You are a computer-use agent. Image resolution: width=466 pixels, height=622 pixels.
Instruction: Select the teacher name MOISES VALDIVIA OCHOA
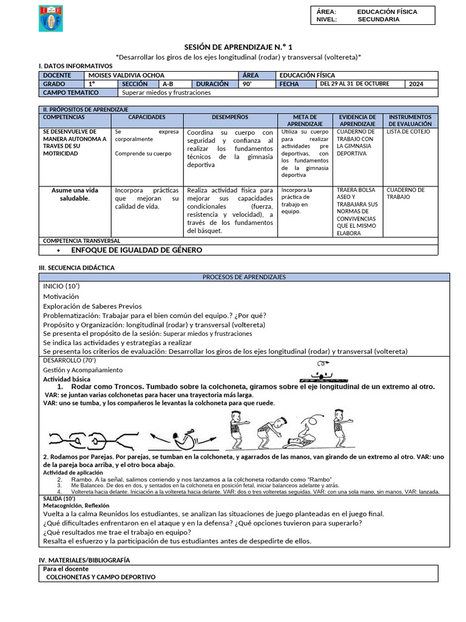point(127,75)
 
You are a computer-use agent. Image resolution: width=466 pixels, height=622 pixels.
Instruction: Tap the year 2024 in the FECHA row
point(417,84)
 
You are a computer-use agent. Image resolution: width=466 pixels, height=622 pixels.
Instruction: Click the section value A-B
point(168,84)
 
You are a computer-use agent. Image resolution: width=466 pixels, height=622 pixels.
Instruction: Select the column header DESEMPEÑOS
point(230,117)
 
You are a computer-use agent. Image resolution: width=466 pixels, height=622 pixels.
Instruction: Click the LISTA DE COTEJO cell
point(408,131)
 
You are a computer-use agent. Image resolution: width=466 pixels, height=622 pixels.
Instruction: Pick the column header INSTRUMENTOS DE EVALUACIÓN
point(410,120)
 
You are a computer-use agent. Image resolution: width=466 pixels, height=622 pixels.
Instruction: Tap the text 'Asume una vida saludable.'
point(75,194)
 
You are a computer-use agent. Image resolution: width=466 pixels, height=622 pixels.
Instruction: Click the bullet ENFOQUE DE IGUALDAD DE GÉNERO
point(137,250)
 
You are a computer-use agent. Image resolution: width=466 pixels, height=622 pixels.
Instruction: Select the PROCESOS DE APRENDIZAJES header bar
point(244,277)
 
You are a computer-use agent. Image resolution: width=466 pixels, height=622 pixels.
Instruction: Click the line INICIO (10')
point(61,285)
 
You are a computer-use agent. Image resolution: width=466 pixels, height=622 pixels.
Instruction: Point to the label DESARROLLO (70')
point(69,360)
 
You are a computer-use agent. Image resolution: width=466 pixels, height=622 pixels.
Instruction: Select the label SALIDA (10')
point(59,498)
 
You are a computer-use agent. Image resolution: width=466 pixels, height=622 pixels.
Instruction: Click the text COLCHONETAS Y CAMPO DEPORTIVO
point(101,576)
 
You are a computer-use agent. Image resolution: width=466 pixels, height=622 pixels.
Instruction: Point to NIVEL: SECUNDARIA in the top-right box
point(358,19)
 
